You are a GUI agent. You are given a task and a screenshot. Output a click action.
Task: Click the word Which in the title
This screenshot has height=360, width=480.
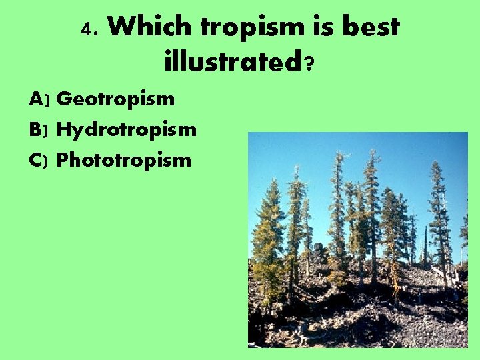tap(149, 27)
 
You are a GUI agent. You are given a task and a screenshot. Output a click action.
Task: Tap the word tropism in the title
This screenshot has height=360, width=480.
tap(252, 27)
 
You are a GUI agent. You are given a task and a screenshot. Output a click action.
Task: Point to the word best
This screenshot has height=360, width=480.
tap(370, 27)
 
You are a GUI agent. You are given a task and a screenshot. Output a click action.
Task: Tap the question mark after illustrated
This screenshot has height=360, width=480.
tap(309, 65)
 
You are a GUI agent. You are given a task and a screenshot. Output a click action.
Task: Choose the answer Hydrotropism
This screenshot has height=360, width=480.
tap(127, 129)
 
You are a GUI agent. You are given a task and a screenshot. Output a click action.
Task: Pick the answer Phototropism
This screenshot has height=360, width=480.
tap(124, 160)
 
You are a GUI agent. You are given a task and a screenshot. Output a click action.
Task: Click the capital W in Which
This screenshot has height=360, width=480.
tap(120, 27)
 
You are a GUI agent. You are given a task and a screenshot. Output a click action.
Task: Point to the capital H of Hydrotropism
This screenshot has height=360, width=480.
tap(65, 129)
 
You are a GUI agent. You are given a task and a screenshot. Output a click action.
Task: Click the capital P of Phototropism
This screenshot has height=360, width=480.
tap(64, 160)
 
